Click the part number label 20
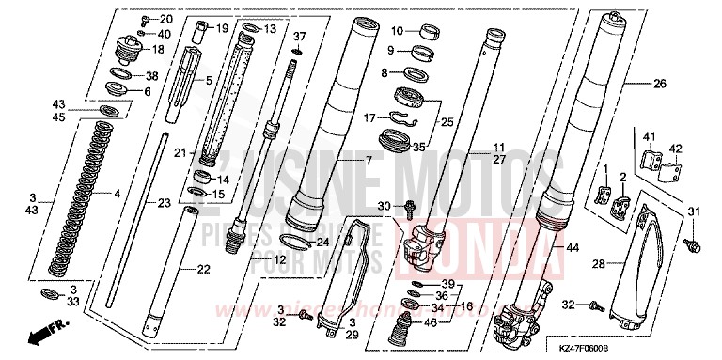point(166,19)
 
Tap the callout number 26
point(659,85)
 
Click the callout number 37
point(299,36)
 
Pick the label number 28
point(596,265)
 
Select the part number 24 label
point(322,242)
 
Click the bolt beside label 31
point(694,245)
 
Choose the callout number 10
point(397,31)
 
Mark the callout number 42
point(675,149)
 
